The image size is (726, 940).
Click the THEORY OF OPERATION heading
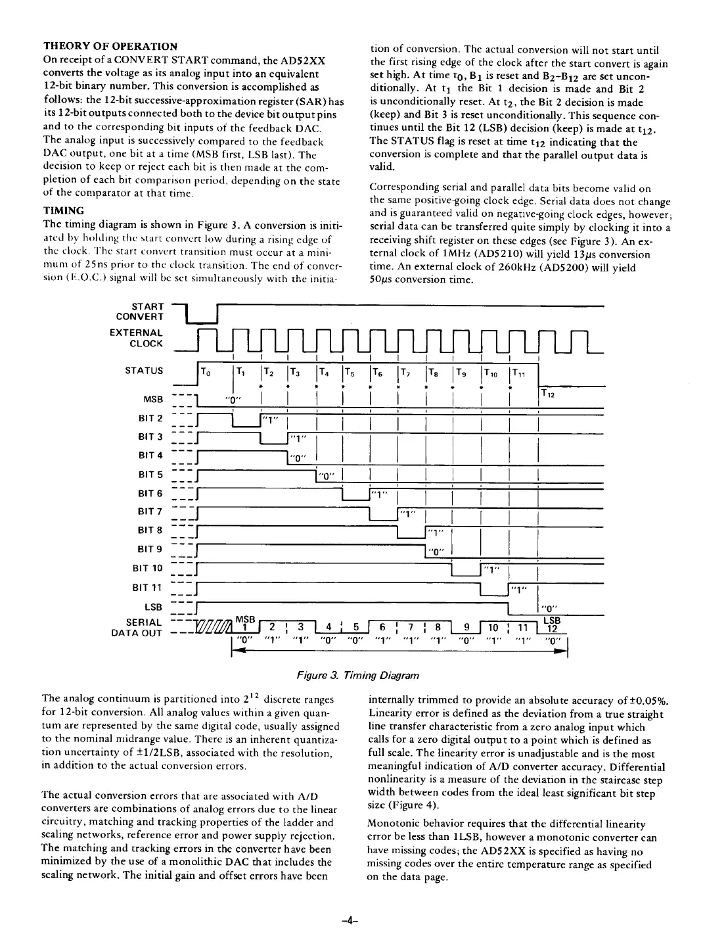110,46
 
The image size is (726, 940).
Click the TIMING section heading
63,210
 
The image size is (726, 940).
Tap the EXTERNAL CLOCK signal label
136,338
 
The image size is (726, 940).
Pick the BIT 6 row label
149,493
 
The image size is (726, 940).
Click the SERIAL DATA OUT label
138,627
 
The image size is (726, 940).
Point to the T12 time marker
547,394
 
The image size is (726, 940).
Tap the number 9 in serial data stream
466,626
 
